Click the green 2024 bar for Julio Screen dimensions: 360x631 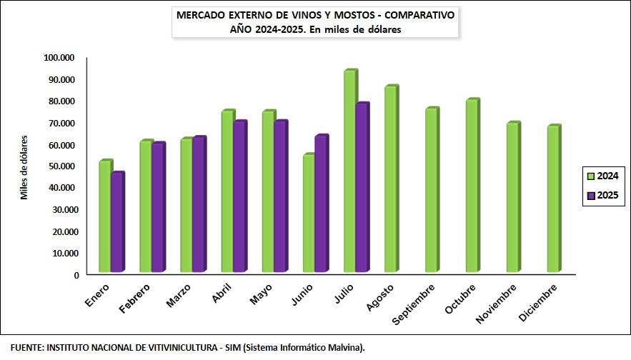click(349, 171)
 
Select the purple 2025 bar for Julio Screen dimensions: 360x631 click(362, 188)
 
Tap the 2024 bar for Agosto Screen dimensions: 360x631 click(390, 179)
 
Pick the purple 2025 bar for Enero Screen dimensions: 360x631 click(117, 223)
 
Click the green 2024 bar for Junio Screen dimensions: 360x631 click(309, 214)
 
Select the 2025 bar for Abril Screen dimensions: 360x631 click(239, 197)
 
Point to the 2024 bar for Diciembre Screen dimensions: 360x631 click(553, 199)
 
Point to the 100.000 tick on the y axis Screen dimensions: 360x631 click(61, 58)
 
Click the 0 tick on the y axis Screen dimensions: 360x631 click(75, 275)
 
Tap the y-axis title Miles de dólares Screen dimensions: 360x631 click(24, 167)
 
